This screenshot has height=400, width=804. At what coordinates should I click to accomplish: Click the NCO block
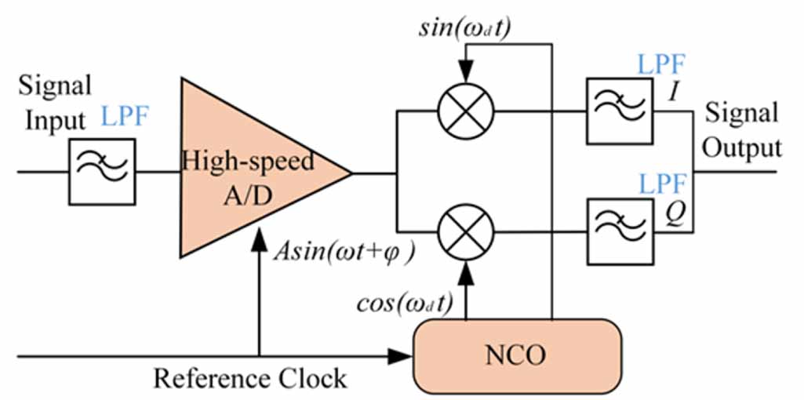point(517,357)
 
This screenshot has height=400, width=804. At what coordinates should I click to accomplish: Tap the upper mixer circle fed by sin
point(467,110)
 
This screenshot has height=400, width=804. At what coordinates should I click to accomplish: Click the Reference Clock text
point(249,379)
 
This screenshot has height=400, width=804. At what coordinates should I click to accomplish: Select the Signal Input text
point(56,103)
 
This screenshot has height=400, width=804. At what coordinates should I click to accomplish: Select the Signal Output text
point(742,129)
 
